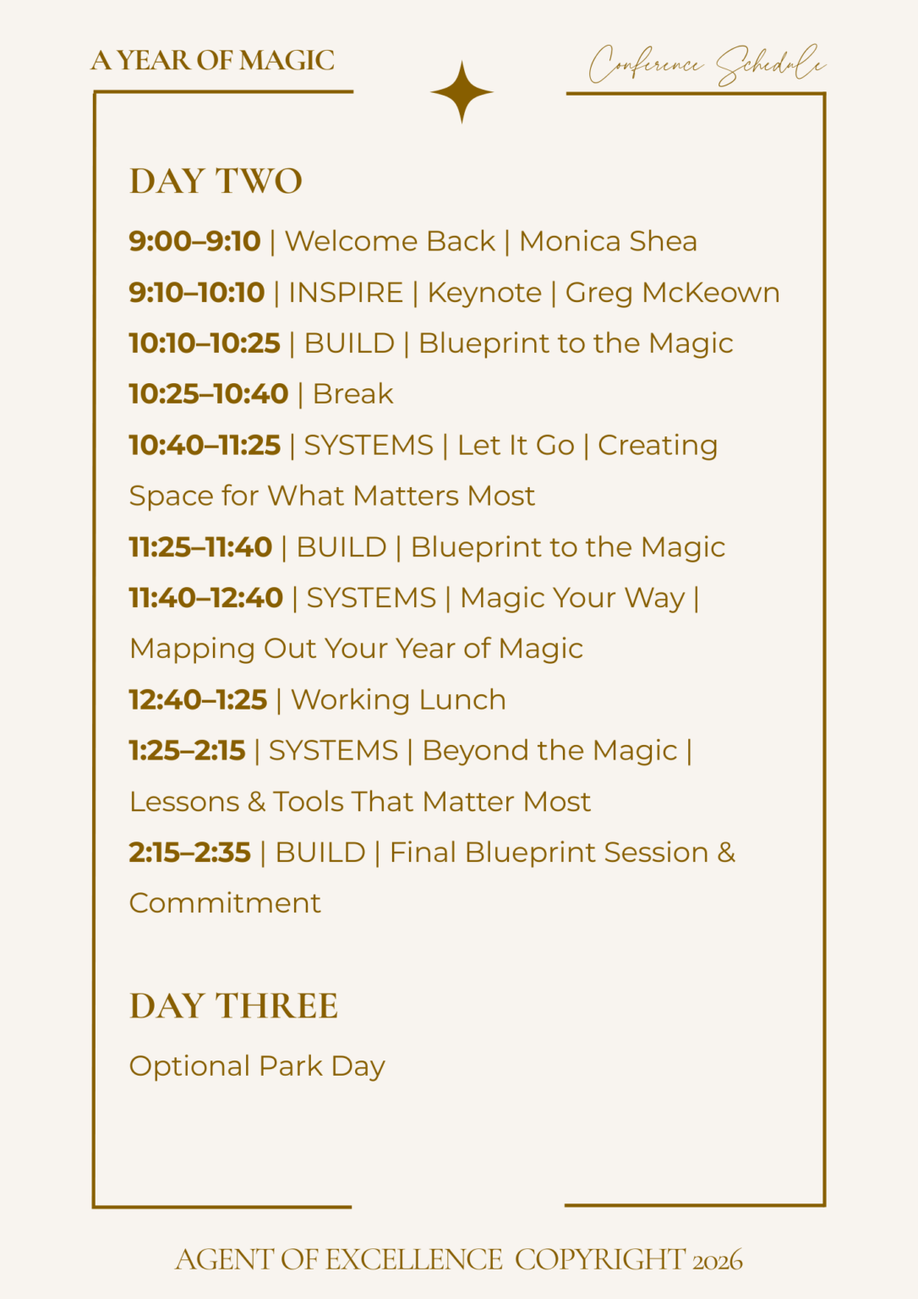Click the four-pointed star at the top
pos(462,92)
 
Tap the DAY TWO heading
pos(216,181)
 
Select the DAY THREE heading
pos(233,1006)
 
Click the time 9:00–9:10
pos(194,241)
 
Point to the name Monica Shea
pos(608,241)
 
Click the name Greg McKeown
pos(672,293)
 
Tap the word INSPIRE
pos(346,293)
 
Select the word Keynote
pos(484,293)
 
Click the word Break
pos(353,394)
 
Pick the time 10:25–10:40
pos(209,394)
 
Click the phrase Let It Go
pos(516,446)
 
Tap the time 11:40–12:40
pos(206,598)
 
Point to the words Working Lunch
pos(398,700)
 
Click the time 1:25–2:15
pos(187,750)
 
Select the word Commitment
pos(225,903)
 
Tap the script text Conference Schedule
pos(708,65)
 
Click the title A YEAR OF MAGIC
pos(213,60)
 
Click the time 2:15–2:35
pos(190,852)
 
